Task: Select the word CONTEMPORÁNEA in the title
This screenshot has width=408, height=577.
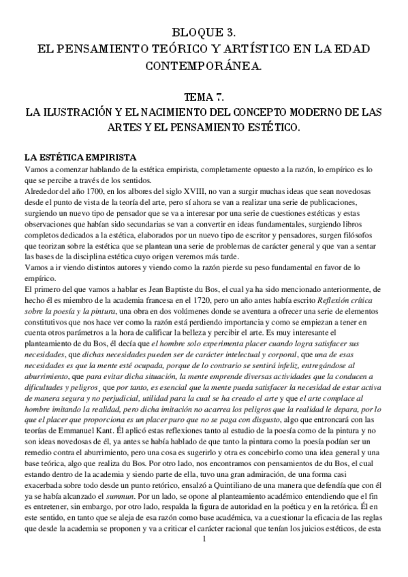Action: [x=204, y=65]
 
